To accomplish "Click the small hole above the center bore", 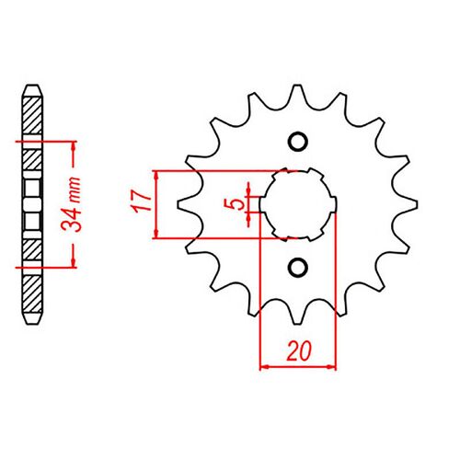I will point(297,141).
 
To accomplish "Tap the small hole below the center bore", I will point(297,266).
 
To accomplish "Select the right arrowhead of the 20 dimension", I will point(333,365).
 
